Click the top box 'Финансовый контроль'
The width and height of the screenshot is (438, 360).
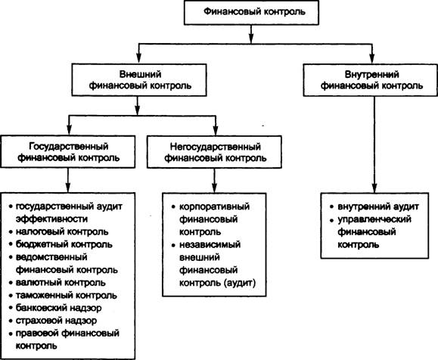[251, 13]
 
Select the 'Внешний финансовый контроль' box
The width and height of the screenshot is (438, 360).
[139, 80]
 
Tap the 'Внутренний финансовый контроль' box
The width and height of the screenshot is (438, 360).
[371, 80]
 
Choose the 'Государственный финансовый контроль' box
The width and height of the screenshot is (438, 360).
[68, 152]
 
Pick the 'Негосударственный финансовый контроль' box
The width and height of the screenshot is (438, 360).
[215, 152]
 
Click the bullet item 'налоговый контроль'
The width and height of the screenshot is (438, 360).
[62, 232]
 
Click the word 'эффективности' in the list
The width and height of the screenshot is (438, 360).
[51, 219]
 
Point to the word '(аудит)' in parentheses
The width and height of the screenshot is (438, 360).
[240, 283]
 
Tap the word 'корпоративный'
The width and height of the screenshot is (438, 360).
[214, 207]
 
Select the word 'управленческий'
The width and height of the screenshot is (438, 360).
[374, 219]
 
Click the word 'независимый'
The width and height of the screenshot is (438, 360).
[210, 244]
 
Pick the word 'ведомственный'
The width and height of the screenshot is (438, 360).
[51, 257]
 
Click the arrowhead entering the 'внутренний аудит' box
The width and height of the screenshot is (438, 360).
[374, 188]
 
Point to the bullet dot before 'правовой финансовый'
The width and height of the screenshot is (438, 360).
[11, 334]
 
